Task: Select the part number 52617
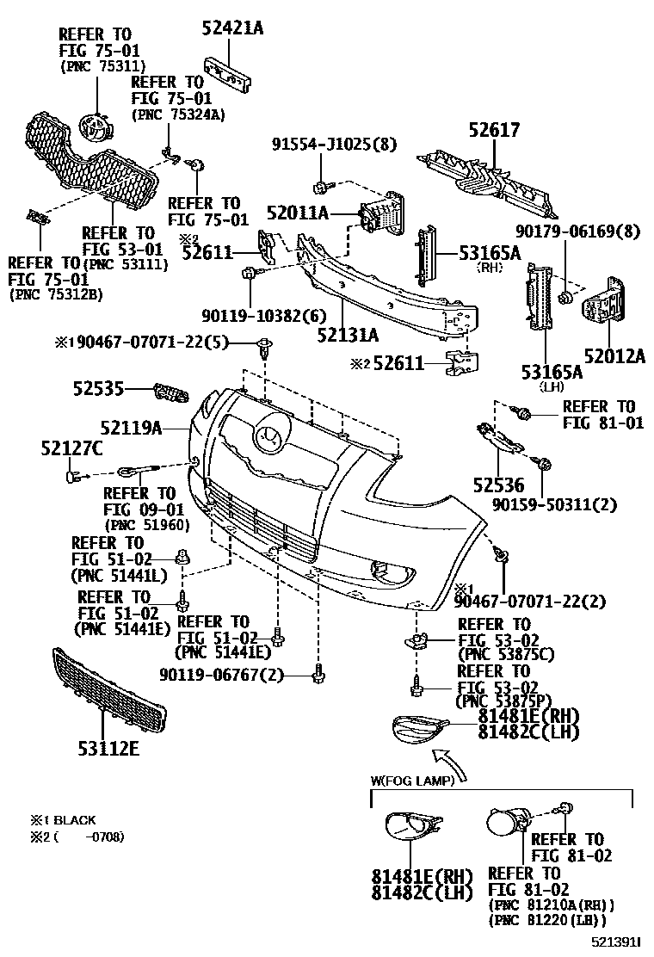494,131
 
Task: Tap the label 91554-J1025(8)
335,144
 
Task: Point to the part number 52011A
298,212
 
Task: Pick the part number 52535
98,389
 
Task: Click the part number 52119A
130,426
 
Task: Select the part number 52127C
71,448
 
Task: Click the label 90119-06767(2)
220,674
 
